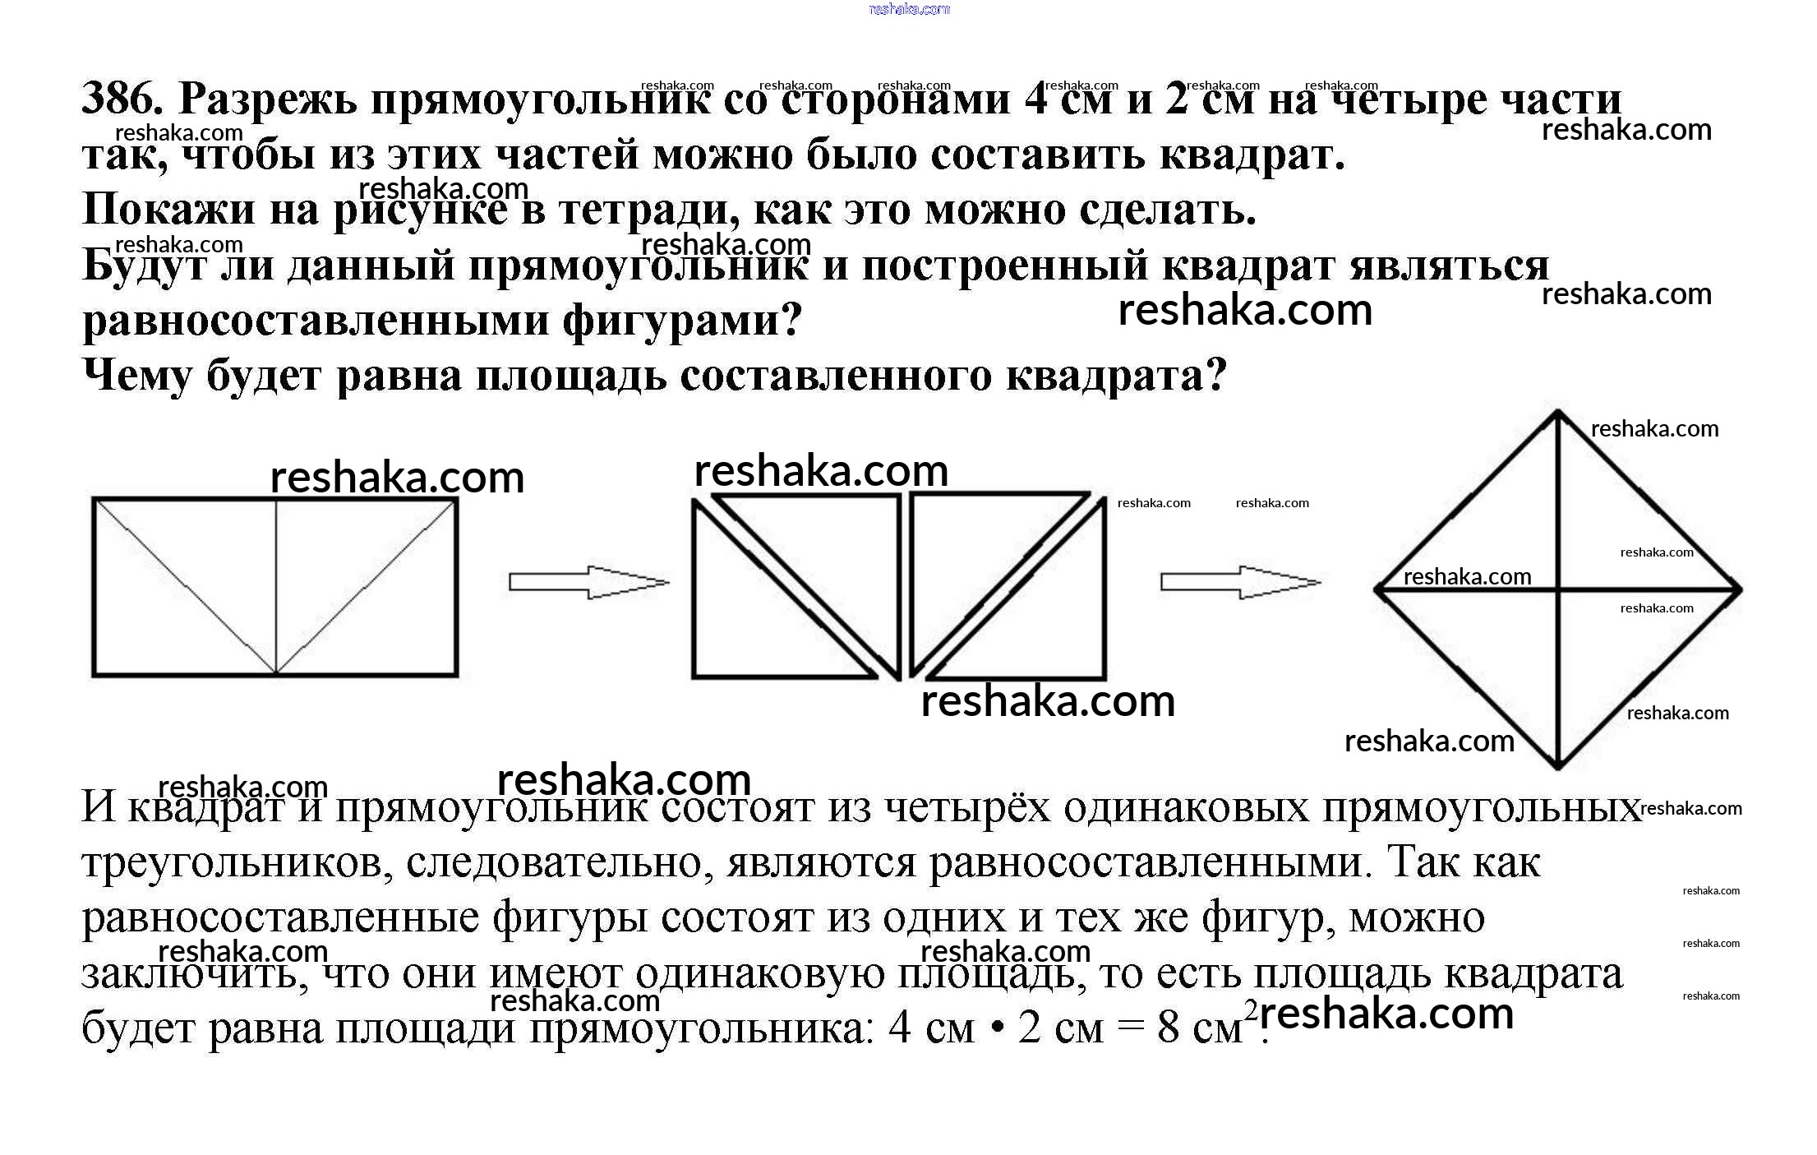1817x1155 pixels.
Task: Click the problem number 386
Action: click(x=121, y=99)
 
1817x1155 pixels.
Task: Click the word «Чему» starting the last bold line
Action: click(x=137, y=377)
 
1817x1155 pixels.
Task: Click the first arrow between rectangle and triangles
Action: click(x=588, y=582)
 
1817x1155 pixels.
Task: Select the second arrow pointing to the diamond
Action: click(x=1240, y=582)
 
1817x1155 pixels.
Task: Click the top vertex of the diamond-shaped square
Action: click(x=1557, y=413)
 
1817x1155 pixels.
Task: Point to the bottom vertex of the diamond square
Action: click(x=1557, y=766)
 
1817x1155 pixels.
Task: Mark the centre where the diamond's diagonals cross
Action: click(x=1557, y=589)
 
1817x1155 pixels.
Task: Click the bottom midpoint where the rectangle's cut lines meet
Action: click(x=275, y=673)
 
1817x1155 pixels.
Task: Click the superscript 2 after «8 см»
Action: click(x=1250, y=1009)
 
